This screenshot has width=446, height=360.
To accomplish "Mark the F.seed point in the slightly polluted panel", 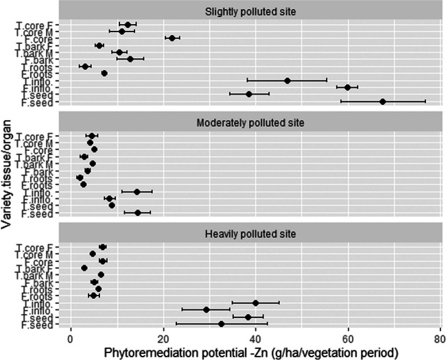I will click(x=383, y=101).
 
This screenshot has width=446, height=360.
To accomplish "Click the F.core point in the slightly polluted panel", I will click(x=172, y=38).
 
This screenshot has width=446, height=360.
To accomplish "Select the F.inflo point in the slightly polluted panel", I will click(x=348, y=87).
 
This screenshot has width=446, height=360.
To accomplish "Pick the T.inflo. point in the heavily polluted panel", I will click(x=256, y=302).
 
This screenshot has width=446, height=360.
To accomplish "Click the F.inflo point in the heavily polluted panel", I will click(x=206, y=309).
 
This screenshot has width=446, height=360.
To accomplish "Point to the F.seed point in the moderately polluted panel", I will click(x=137, y=213).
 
